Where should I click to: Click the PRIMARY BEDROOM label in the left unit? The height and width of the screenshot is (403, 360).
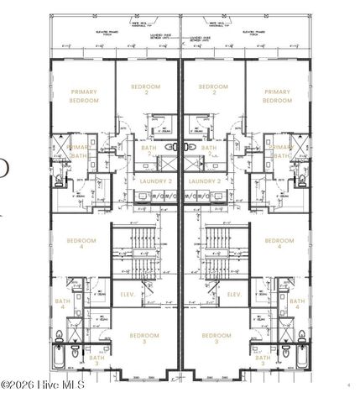tap(84, 97)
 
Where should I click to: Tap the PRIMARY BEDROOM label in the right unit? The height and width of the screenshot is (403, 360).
tap(277, 97)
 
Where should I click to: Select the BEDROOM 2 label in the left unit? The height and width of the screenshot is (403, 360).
tap(148, 89)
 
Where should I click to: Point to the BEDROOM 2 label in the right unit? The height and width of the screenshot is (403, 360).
tap(213, 89)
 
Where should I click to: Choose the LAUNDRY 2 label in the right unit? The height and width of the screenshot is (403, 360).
tap(205, 181)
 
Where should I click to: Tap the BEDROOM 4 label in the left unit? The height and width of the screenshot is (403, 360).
tap(81, 243)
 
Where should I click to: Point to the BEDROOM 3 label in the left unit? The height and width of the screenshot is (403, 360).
tap(144, 338)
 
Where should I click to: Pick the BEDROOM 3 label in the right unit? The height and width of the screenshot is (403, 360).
tap(217, 338)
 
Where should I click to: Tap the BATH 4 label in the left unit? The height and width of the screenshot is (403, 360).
tap(63, 304)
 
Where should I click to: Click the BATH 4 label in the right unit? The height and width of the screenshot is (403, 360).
tap(298, 304)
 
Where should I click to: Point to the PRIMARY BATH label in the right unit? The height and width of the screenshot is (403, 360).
tap(281, 151)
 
